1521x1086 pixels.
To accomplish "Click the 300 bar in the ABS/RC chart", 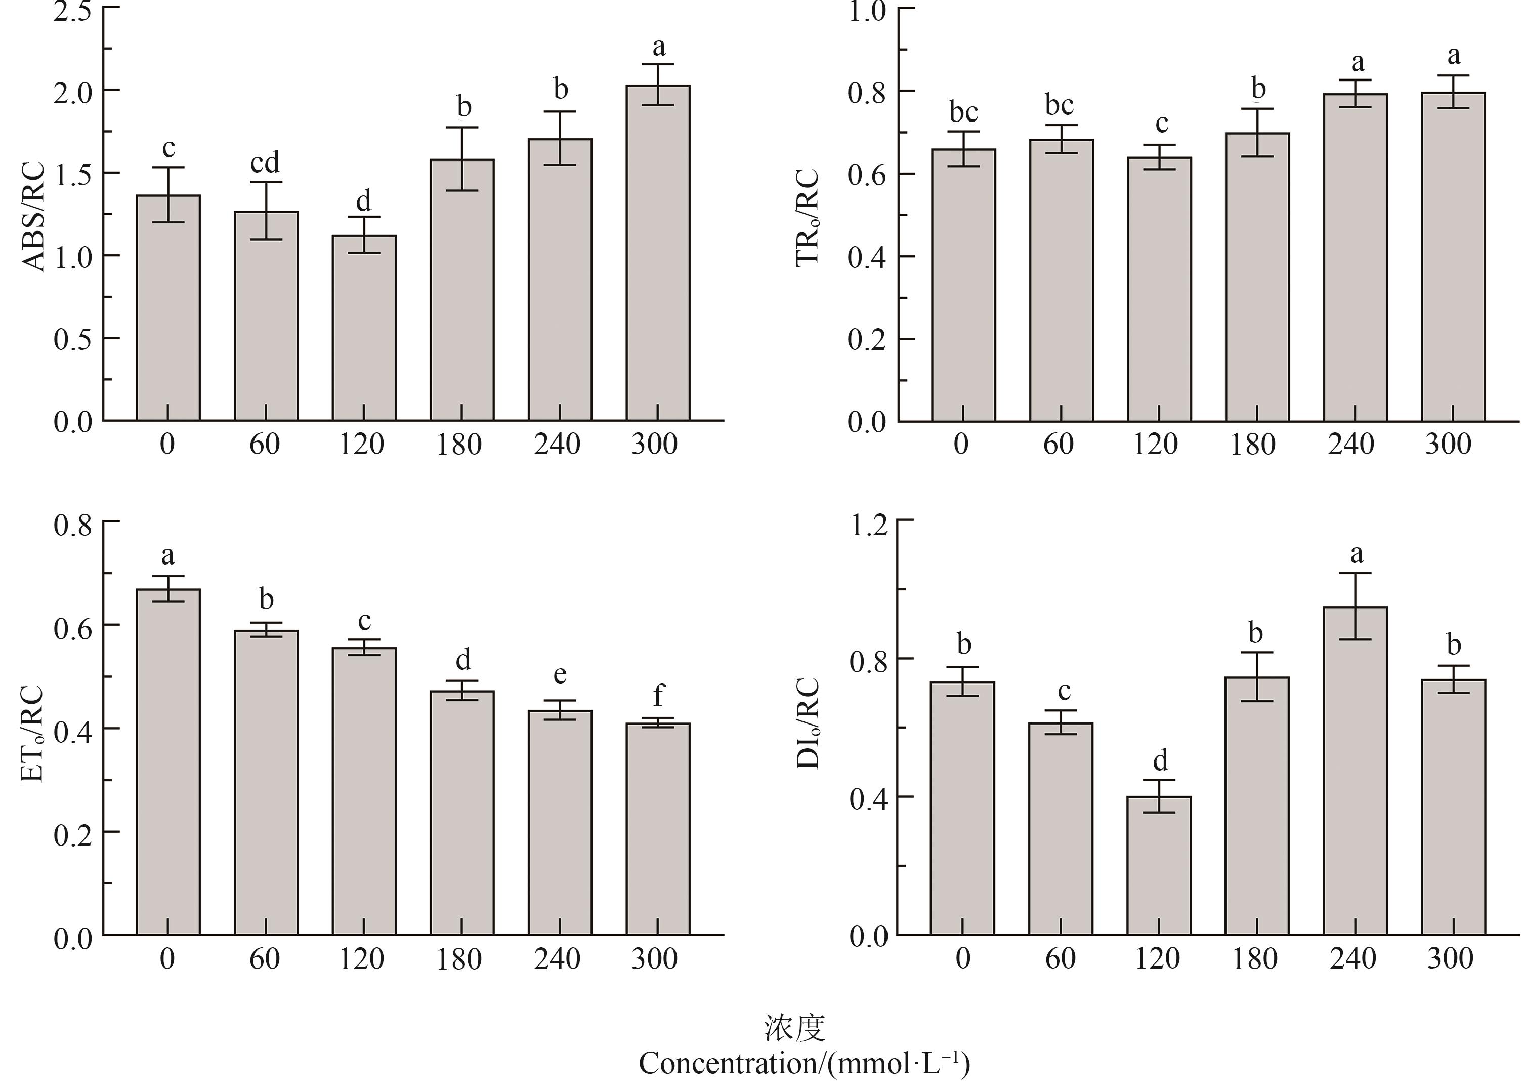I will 658,254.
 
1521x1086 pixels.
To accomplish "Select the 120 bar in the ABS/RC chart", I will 364,328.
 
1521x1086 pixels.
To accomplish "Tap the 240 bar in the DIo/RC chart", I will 1355,769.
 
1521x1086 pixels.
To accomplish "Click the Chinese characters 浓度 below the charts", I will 794,1028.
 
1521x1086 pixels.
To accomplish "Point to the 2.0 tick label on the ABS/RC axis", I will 73,92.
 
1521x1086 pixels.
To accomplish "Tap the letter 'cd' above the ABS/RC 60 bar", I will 265,163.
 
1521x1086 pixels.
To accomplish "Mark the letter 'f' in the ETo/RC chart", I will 658,696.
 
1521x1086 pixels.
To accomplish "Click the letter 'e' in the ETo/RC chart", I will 560,674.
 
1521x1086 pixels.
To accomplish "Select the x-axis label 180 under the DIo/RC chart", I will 1254,959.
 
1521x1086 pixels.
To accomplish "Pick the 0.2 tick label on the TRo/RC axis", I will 866,340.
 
